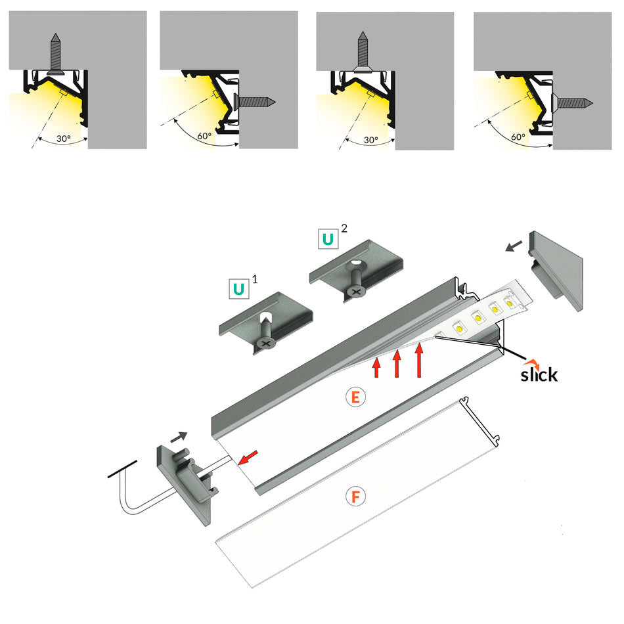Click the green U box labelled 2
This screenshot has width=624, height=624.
click(327, 238)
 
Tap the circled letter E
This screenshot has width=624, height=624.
click(355, 397)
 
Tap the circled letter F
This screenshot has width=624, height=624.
click(355, 497)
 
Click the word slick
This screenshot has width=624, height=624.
click(539, 375)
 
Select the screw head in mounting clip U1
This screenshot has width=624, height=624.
click(265, 343)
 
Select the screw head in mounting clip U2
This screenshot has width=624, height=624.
click(355, 290)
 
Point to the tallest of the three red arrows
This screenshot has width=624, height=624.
click(418, 361)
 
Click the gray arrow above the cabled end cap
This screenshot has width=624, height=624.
click(179, 435)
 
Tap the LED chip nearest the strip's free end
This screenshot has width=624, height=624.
click(509, 304)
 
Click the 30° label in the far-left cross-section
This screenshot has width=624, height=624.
click(63, 139)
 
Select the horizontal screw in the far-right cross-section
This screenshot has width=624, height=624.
click(575, 102)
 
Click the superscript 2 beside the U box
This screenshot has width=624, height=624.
click(344, 229)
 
